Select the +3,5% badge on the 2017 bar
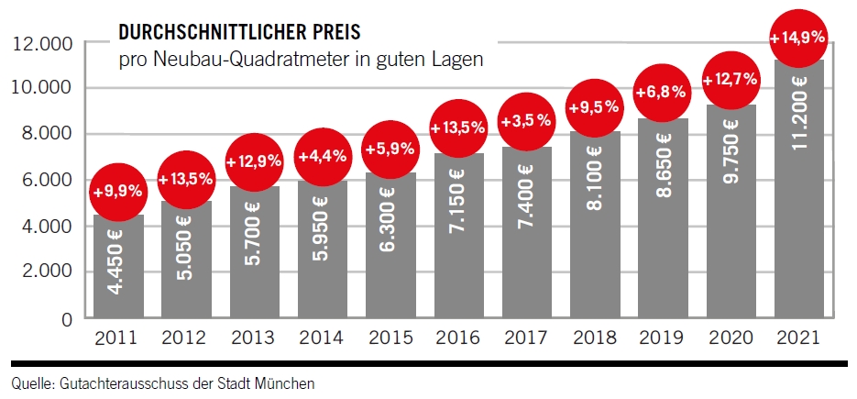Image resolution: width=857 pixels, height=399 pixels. point(525,120)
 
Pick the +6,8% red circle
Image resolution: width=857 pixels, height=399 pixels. point(662,94)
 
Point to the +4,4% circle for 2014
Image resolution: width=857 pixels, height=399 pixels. point(322,156)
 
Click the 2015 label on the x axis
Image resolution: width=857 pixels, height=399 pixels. point(390,339)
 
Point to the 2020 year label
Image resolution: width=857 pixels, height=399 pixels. point(731,339)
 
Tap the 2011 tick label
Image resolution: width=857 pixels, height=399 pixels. point(117,339)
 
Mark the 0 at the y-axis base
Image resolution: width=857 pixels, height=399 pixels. point(68,319)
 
